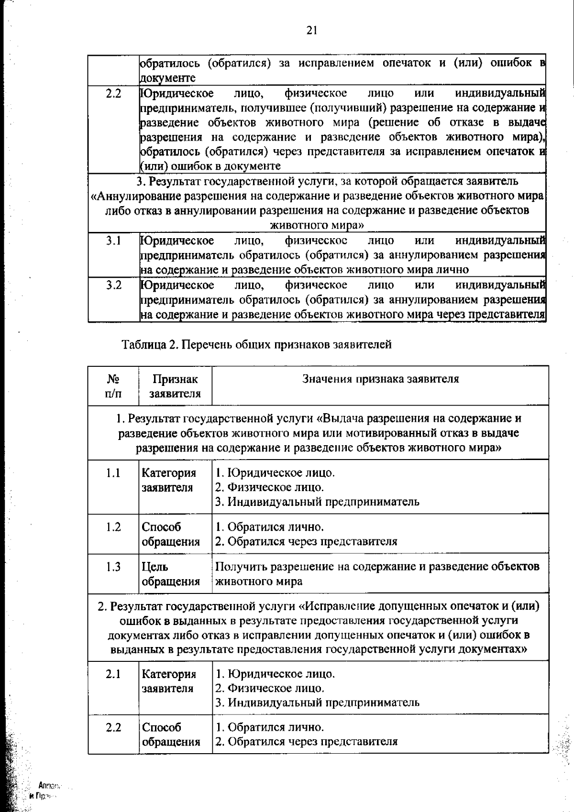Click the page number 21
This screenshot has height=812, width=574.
pyautogui.click(x=311, y=31)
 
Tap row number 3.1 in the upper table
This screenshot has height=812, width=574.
pyautogui.click(x=113, y=241)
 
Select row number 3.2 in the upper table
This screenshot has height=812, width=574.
pyautogui.click(x=113, y=285)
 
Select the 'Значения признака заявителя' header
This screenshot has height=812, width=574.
pyautogui.click(x=380, y=379)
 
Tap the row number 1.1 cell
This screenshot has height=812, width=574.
pyautogui.click(x=113, y=473)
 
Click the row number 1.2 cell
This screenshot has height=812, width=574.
pyautogui.click(x=113, y=527)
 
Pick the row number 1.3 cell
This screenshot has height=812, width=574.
pyautogui.click(x=113, y=567)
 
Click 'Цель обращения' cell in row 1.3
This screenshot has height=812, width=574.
pyautogui.click(x=171, y=574)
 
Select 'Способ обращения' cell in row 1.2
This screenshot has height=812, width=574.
pyautogui.click(x=171, y=534)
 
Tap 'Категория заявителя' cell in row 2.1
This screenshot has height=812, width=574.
pyautogui.click(x=169, y=681)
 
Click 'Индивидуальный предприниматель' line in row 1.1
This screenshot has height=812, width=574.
pyautogui.click(x=318, y=502)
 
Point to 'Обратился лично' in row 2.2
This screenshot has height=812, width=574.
pyautogui.click(x=270, y=727)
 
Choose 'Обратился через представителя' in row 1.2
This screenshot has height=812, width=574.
pyautogui.click(x=306, y=541)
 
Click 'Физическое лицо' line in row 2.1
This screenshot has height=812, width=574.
pyautogui.click(x=270, y=688)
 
